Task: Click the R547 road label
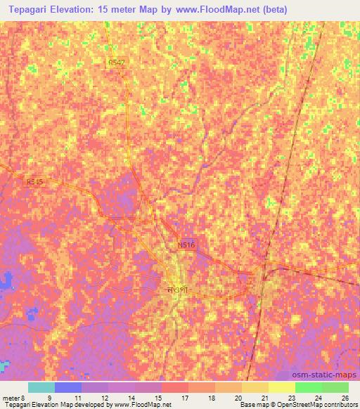[x=117, y=63]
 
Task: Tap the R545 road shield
[x=34, y=182]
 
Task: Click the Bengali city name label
[x=178, y=288]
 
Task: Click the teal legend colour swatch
[x=41, y=387]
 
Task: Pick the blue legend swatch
[x=68, y=387]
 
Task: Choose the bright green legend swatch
[x=308, y=387]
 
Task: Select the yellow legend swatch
[x=281, y=387]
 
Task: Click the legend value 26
[x=344, y=397]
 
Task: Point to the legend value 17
[x=184, y=397]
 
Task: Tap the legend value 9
[x=49, y=397]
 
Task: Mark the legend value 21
[x=264, y=397]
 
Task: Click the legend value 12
[x=103, y=397]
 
